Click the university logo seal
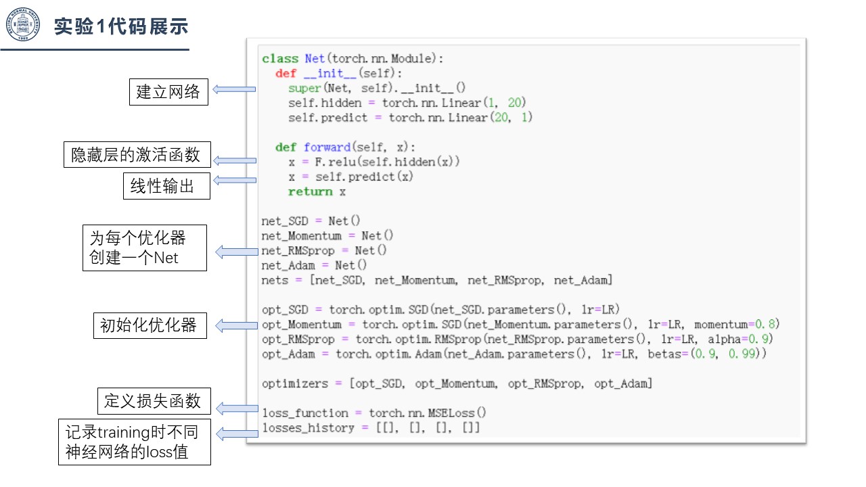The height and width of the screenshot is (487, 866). tap(23, 24)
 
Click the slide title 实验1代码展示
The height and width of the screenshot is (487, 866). tap(121, 26)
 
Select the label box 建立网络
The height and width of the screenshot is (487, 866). tap(168, 92)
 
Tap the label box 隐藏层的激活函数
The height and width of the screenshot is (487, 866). tap(137, 155)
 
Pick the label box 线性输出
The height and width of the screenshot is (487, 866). tap(166, 186)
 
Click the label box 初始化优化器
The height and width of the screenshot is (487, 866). tap(150, 325)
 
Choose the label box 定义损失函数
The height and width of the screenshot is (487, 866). tap(154, 401)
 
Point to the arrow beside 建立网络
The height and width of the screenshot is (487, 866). tap(234, 89)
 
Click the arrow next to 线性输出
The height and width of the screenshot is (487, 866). tap(235, 180)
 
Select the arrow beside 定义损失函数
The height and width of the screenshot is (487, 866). tap(237, 409)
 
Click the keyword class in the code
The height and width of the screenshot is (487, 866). tap(280, 59)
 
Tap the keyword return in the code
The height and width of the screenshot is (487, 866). tap(310, 191)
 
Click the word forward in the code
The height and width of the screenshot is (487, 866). tap(327, 147)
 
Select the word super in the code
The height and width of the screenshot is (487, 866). tap(304, 89)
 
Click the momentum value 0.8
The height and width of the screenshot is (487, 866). tap(765, 324)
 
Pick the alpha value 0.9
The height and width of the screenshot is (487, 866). tap(758, 339)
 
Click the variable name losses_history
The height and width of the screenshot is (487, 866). tap(308, 428)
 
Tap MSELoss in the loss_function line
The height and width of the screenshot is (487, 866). tap(451, 413)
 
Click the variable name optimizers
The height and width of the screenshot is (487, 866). tap(295, 384)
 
